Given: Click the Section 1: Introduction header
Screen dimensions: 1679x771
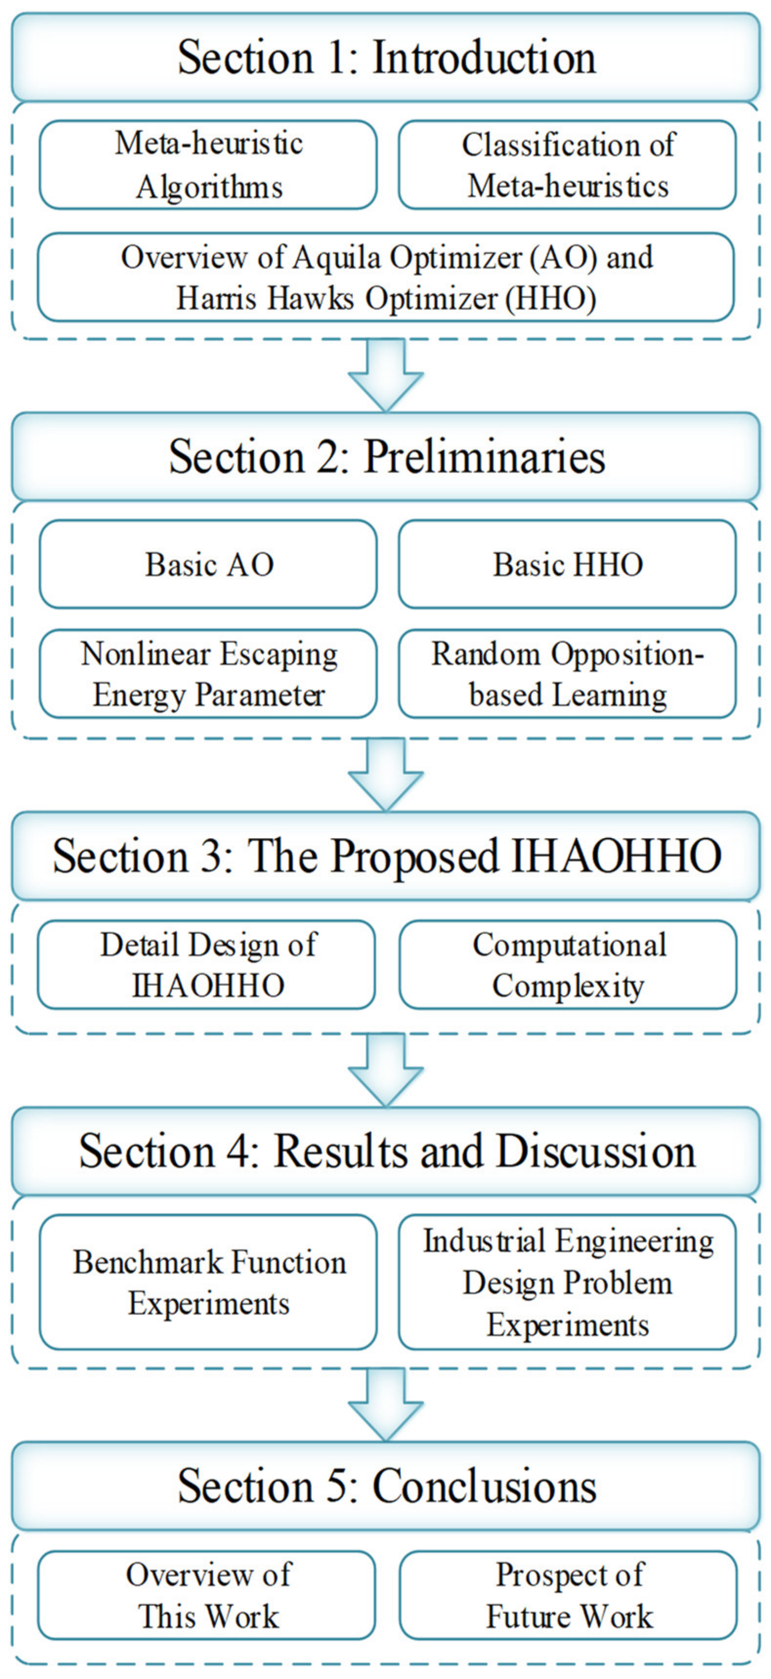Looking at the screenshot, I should pyautogui.click(x=385, y=57).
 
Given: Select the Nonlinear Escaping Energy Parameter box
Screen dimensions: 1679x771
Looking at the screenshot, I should pyautogui.click(x=208, y=674).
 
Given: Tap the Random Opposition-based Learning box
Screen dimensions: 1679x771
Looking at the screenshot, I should pyautogui.click(x=567, y=674).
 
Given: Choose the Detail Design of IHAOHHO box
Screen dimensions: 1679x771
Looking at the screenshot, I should pyautogui.click(x=207, y=965).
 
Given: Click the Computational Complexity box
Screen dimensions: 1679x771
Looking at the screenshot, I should pyautogui.click(x=567, y=965).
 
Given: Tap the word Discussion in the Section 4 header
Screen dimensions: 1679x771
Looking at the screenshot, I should pyautogui.click(x=596, y=1151).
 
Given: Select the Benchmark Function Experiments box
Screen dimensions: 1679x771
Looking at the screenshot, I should pyautogui.click(x=208, y=1282).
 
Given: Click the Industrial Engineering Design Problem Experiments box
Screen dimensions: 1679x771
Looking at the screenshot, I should pyautogui.click(x=567, y=1282).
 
